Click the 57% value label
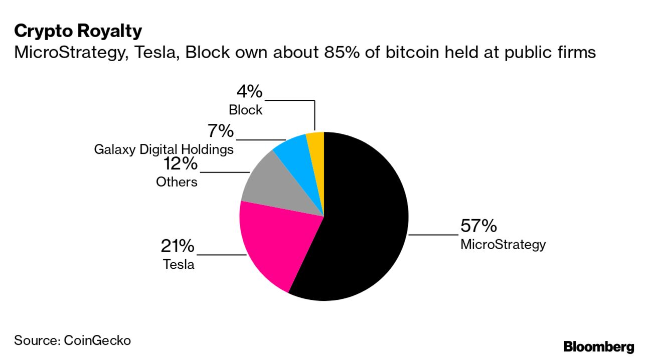478,226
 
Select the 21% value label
178,246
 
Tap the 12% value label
180,164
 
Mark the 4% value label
249,92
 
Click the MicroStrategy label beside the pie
503,245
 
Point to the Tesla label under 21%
179,264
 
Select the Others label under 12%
177,182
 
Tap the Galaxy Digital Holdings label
164,149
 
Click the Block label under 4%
246,110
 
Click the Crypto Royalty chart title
78,32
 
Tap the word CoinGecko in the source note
97,340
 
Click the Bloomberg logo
599,346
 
